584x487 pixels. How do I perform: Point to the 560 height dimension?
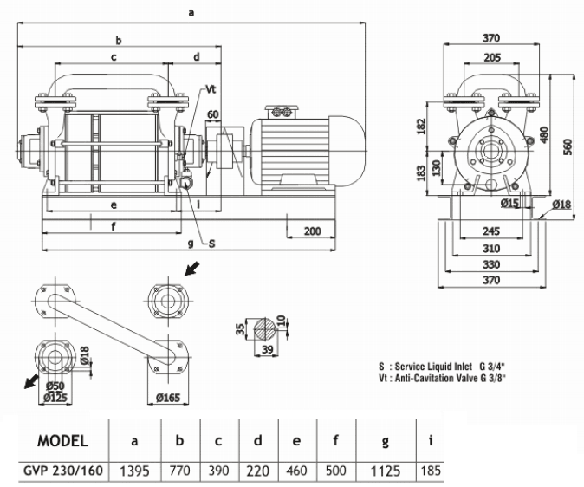point(568,146)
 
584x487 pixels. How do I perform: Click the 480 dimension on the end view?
point(544,135)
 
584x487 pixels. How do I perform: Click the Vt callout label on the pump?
point(211,89)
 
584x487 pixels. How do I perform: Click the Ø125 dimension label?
point(55,397)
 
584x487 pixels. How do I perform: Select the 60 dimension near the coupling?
point(214,114)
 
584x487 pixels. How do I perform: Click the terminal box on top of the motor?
point(282,110)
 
